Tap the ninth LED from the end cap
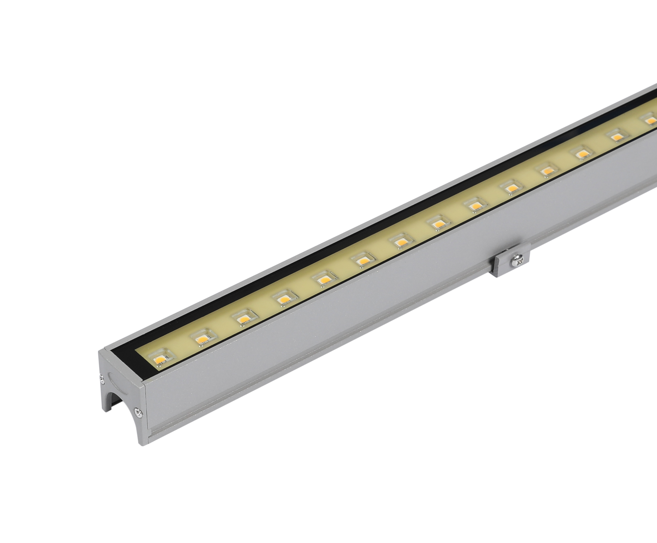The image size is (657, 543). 476,206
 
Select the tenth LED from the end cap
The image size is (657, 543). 512,189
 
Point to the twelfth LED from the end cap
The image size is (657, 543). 582,154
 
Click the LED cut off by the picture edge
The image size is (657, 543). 650,120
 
